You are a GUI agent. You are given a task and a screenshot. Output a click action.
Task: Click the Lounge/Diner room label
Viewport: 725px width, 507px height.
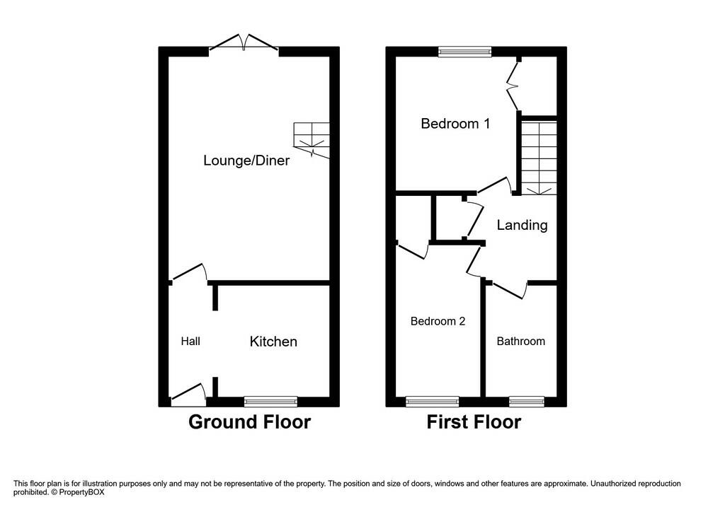[x=246, y=161]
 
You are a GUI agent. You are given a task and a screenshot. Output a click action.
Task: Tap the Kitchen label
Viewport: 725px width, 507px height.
[x=273, y=342]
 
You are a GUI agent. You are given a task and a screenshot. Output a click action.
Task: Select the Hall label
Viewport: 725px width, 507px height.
[x=190, y=342]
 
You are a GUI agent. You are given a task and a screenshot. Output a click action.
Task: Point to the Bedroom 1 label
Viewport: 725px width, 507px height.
[x=455, y=124]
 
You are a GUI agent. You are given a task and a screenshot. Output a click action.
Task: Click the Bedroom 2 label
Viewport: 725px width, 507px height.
[x=438, y=321]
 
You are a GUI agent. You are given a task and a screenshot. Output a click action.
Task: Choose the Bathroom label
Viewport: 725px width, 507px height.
[x=520, y=342]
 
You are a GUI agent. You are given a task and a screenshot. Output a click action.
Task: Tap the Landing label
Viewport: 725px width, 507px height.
[x=522, y=226]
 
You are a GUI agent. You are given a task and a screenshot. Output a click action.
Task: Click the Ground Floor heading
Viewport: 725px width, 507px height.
[x=249, y=423]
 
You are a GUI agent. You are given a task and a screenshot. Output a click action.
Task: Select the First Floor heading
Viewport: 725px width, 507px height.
[x=474, y=423]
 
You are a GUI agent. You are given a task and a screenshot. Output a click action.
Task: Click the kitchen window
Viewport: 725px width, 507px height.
[x=270, y=402]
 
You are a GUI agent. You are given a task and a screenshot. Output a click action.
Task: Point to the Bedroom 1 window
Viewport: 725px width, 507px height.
[x=464, y=51]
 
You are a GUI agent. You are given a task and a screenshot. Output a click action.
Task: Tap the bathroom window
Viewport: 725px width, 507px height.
[x=527, y=402]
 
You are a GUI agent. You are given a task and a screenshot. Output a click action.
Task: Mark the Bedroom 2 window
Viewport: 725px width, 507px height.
[x=432, y=402]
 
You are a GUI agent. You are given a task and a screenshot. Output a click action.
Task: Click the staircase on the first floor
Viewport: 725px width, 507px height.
[x=540, y=158]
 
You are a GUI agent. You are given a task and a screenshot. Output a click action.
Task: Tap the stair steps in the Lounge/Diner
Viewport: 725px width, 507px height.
[x=312, y=138]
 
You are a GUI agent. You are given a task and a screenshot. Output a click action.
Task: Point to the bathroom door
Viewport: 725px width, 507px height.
[x=510, y=289]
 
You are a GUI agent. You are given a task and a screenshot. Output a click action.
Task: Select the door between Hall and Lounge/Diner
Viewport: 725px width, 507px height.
[x=189, y=274]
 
